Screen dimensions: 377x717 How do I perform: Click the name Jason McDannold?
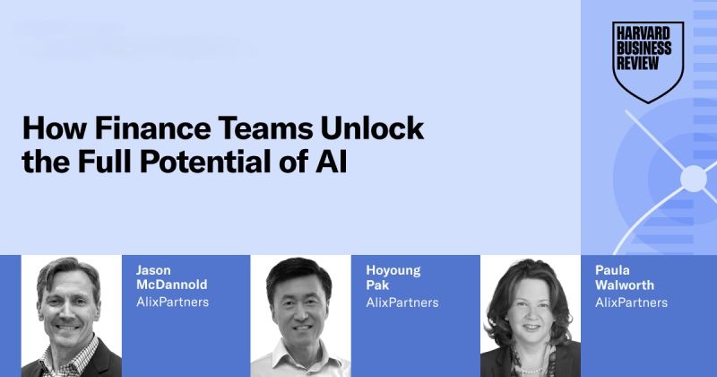[171, 277]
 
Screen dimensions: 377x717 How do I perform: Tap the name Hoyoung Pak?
[393, 277]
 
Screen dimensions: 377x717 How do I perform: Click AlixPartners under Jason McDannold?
[172, 302]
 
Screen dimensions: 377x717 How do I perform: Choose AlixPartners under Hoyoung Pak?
[402, 302]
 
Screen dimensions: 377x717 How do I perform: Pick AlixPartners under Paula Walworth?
[632, 302]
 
